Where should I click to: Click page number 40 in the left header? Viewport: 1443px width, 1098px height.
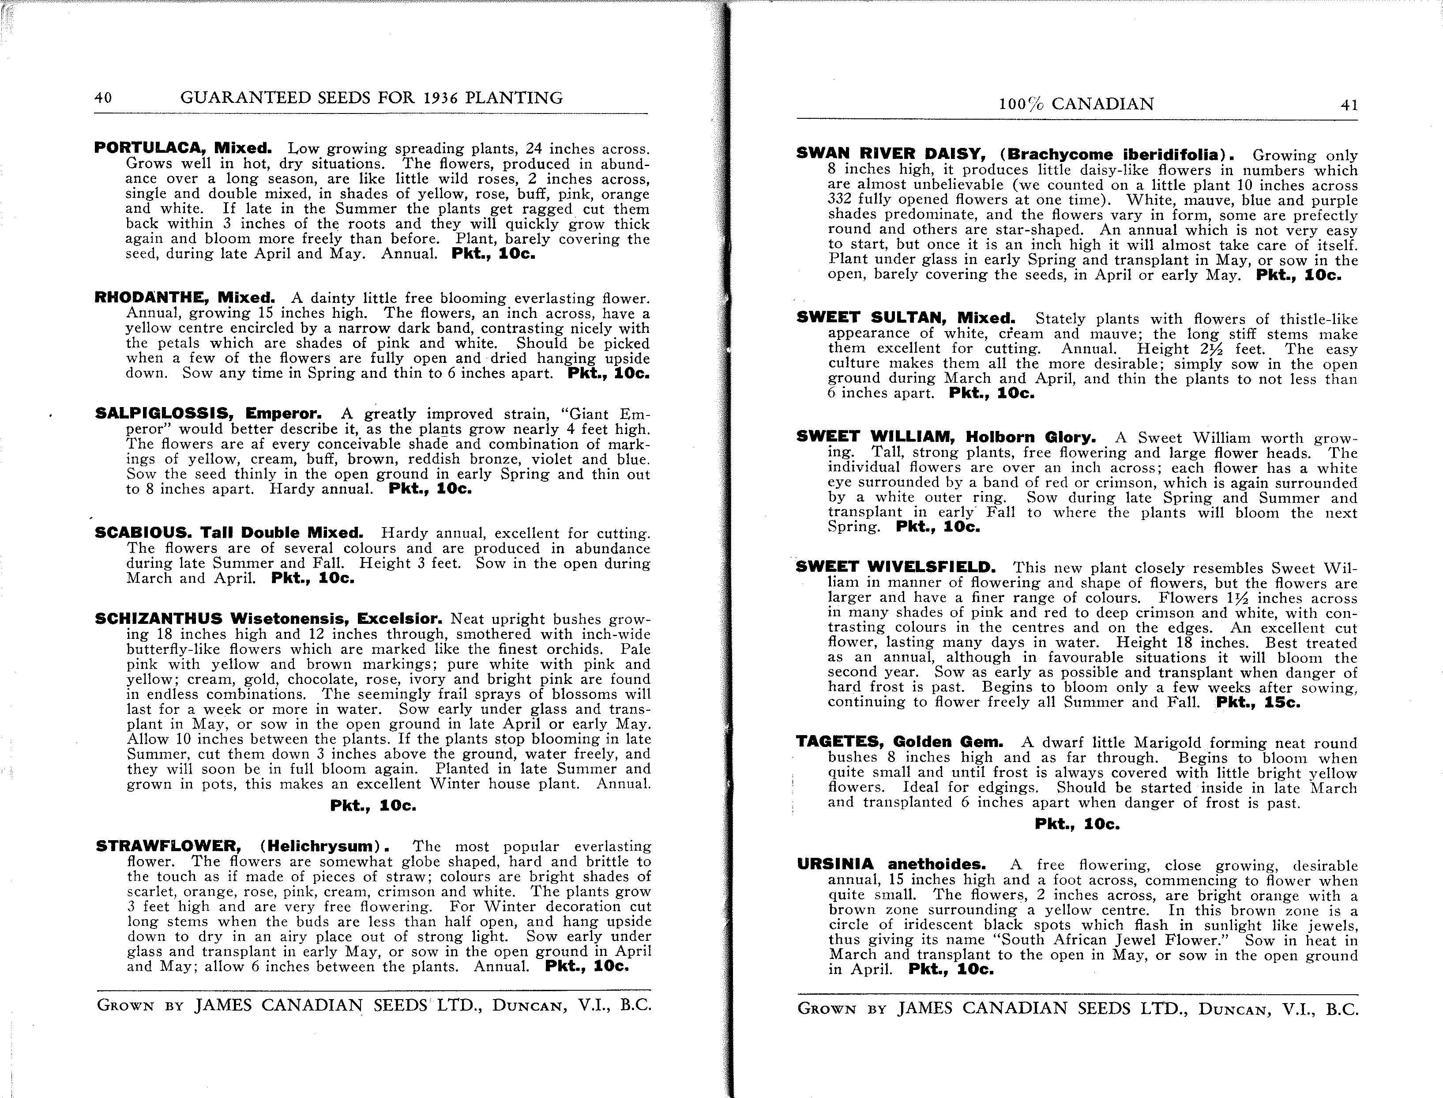pyautogui.click(x=103, y=98)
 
